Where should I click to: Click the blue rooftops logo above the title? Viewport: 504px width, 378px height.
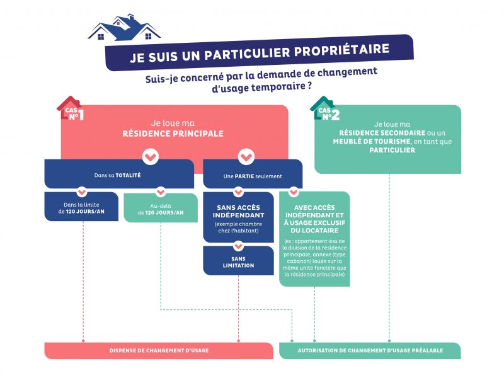(x=124, y=28)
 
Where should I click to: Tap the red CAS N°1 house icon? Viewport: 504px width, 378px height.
(x=71, y=108)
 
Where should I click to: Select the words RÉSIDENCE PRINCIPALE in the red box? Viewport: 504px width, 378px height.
(x=173, y=134)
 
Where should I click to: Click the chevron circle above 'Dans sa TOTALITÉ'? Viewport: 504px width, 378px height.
(x=151, y=157)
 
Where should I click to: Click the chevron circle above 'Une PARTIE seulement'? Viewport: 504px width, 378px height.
(x=246, y=157)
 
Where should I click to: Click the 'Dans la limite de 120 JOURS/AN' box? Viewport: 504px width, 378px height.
(x=81, y=207)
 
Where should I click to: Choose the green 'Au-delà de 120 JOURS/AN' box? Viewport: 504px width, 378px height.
(x=161, y=208)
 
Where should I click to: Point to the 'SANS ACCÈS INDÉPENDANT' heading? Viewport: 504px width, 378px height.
(x=239, y=212)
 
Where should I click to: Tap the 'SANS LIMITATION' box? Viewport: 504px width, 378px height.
(x=239, y=261)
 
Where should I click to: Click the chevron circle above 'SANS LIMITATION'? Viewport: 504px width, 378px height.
(x=239, y=246)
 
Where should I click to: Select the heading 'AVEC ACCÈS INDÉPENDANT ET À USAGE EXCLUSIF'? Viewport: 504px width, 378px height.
(x=314, y=219)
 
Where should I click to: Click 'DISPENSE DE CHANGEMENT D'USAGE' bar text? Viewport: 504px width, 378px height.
(x=159, y=350)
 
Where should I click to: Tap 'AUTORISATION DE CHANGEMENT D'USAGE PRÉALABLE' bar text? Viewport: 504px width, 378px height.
(x=370, y=350)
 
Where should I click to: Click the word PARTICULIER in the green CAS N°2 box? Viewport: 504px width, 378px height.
(x=392, y=150)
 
